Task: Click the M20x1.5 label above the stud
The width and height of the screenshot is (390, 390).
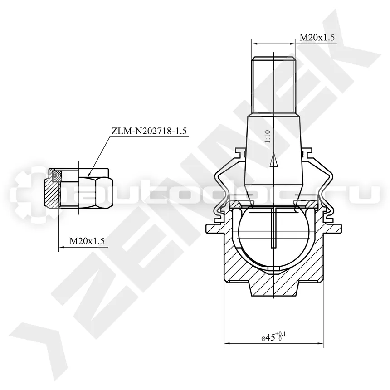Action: (x=317, y=37)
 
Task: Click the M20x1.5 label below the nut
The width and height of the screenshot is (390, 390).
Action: (x=87, y=241)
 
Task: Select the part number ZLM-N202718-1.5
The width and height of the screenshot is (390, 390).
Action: (x=149, y=131)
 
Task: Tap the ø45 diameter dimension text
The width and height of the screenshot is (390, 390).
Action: (x=268, y=338)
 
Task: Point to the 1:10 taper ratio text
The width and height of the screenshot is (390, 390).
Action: (x=268, y=136)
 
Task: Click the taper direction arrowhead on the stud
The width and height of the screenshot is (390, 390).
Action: (x=273, y=160)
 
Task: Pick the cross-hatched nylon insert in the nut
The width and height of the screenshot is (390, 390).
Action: (x=57, y=176)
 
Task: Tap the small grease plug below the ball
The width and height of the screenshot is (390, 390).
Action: (x=273, y=269)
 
